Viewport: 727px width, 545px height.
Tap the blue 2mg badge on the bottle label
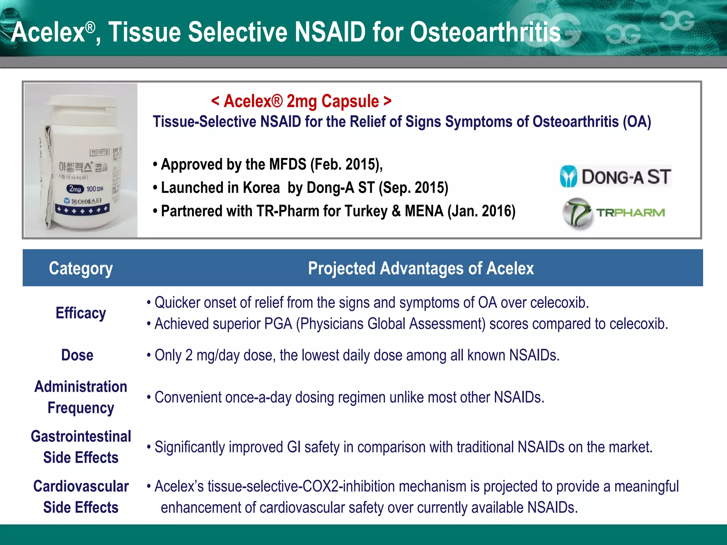click(x=75, y=189)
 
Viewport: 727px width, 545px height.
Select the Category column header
click(x=81, y=268)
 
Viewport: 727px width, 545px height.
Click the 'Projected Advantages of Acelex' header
click(x=421, y=268)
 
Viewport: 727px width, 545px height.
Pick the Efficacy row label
click(x=81, y=313)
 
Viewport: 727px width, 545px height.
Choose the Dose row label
click(x=77, y=355)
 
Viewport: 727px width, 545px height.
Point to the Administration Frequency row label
click(x=81, y=397)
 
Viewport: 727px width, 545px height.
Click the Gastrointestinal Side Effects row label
click(x=81, y=447)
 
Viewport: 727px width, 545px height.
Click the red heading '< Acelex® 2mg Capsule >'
click(x=301, y=101)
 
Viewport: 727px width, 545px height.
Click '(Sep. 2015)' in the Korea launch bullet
click(x=414, y=188)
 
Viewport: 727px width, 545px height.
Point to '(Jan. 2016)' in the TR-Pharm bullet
click(x=481, y=211)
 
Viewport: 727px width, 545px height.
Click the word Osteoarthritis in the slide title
click(x=485, y=32)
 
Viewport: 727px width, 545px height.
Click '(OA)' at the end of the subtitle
click(x=637, y=122)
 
